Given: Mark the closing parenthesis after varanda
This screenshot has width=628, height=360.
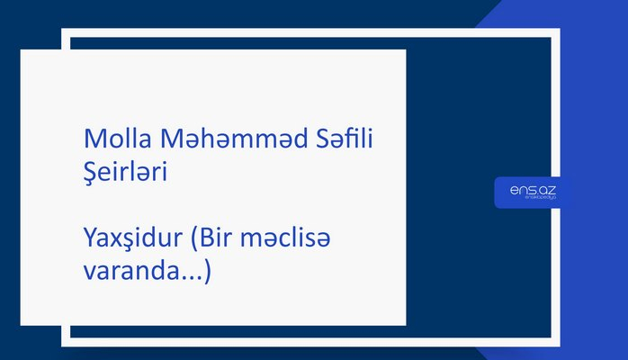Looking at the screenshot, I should point(208,270).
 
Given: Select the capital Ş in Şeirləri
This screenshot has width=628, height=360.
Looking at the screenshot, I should point(90,170).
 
